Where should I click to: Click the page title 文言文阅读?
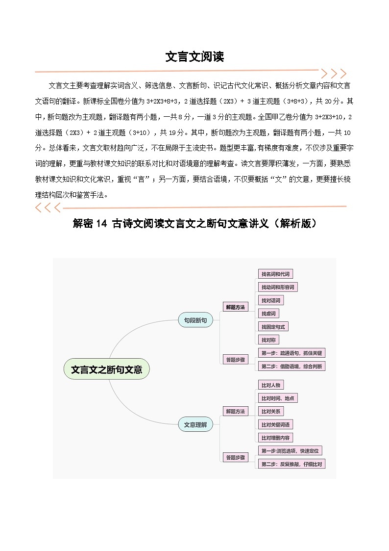194,57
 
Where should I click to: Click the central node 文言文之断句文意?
106,369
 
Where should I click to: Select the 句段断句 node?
195,320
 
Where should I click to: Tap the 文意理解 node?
195,425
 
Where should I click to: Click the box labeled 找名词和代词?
275,274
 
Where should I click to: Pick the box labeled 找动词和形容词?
278,287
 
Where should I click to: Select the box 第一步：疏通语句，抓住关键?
292,353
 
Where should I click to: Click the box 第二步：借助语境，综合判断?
292,366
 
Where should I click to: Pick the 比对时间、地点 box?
278,398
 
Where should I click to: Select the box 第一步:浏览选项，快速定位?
291,450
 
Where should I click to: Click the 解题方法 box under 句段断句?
235,307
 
